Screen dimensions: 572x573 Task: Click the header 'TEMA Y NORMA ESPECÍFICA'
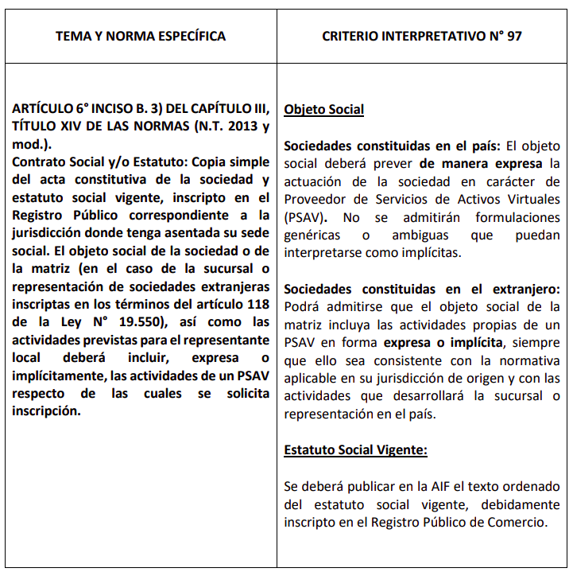pos(140,36)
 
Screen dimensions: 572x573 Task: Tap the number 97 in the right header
pos(513,36)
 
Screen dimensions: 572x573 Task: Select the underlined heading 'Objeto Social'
pos(323,109)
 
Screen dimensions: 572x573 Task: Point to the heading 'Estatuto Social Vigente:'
pos(355,449)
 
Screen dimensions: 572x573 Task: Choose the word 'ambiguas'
pos(421,235)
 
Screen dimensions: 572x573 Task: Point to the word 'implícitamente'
pos(55,375)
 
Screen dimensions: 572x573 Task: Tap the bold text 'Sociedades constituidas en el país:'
pos(393,146)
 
